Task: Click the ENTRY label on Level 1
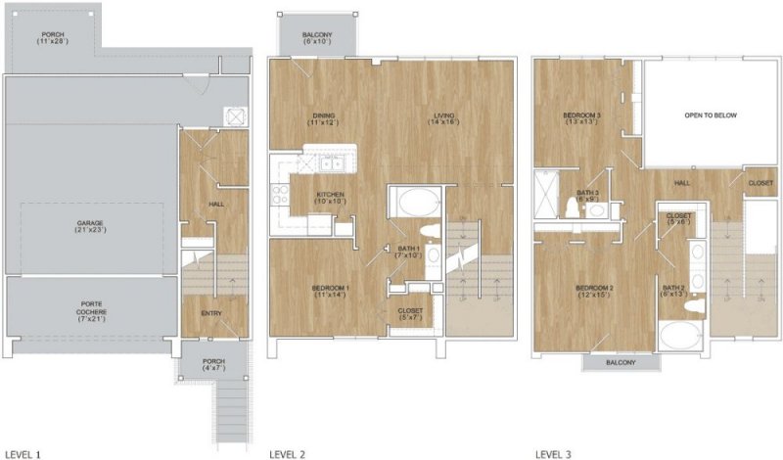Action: coord(210,313)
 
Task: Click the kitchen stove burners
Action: coord(280,195)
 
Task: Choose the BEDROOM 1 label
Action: coord(331,292)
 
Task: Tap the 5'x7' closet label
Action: coord(410,315)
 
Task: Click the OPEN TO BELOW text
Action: coord(711,115)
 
